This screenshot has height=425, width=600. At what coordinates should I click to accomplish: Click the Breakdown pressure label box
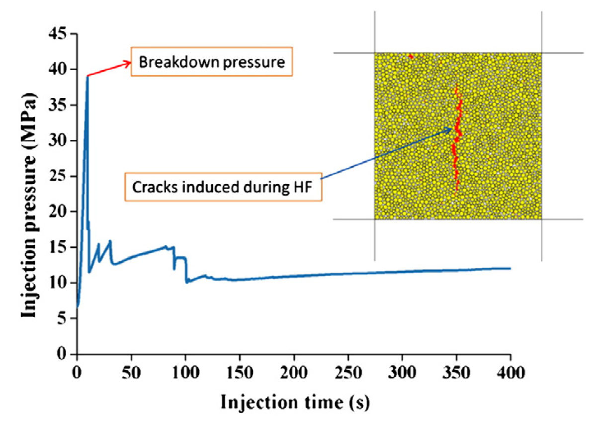click(212, 62)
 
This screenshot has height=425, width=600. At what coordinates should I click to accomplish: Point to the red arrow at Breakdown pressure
click(109, 69)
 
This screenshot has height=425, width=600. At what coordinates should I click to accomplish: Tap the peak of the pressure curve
click(87, 76)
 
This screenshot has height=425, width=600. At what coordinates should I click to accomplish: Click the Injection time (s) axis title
click(295, 403)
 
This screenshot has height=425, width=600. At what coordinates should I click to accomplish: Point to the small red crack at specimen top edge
click(411, 56)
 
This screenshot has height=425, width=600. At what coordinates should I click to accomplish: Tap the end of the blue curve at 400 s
click(510, 268)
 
